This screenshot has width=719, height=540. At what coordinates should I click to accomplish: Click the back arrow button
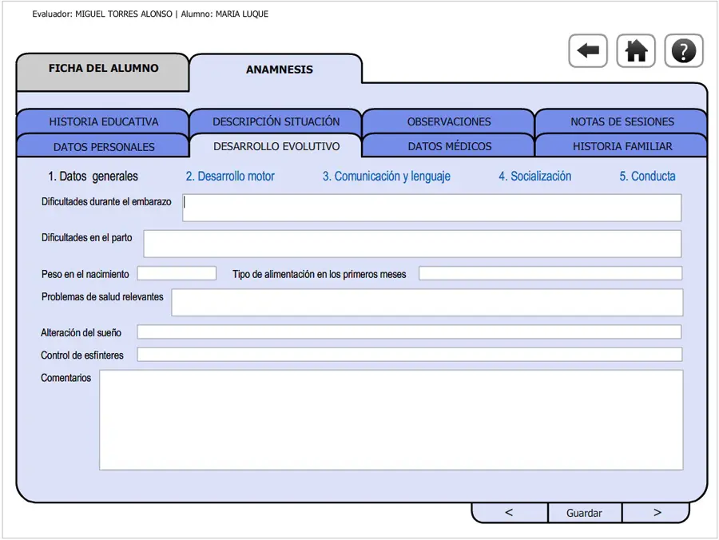(588, 51)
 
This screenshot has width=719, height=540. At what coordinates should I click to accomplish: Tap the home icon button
(636, 51)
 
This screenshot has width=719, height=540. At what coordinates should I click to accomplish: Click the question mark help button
(684, 51)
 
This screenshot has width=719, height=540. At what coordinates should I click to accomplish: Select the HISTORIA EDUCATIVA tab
(103, 121)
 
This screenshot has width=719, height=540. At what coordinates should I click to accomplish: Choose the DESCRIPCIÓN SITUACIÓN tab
(276, 121)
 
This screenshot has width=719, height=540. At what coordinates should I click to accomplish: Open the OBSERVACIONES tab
(449, 121)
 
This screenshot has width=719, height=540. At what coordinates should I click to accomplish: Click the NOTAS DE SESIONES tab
(622, 121)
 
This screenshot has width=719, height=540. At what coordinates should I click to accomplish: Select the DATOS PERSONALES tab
(103, 146)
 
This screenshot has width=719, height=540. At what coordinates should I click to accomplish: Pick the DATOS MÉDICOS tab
(449, 146)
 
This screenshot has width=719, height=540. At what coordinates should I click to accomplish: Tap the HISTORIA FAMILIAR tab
(622, 146)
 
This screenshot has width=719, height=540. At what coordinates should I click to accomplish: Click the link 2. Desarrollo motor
(230, 176)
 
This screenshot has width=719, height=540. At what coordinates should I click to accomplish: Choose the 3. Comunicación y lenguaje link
(387, 177)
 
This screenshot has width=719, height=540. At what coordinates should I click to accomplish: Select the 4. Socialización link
(535, 176)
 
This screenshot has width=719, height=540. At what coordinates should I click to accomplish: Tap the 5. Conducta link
(647, 176)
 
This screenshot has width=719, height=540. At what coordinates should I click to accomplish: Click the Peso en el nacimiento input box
(177, 273)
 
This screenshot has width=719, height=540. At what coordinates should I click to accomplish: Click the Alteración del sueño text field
(409, 332)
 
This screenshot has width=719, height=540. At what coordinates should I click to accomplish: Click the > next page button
(656, 513)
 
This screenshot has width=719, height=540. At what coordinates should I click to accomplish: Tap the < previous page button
(510, 513)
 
